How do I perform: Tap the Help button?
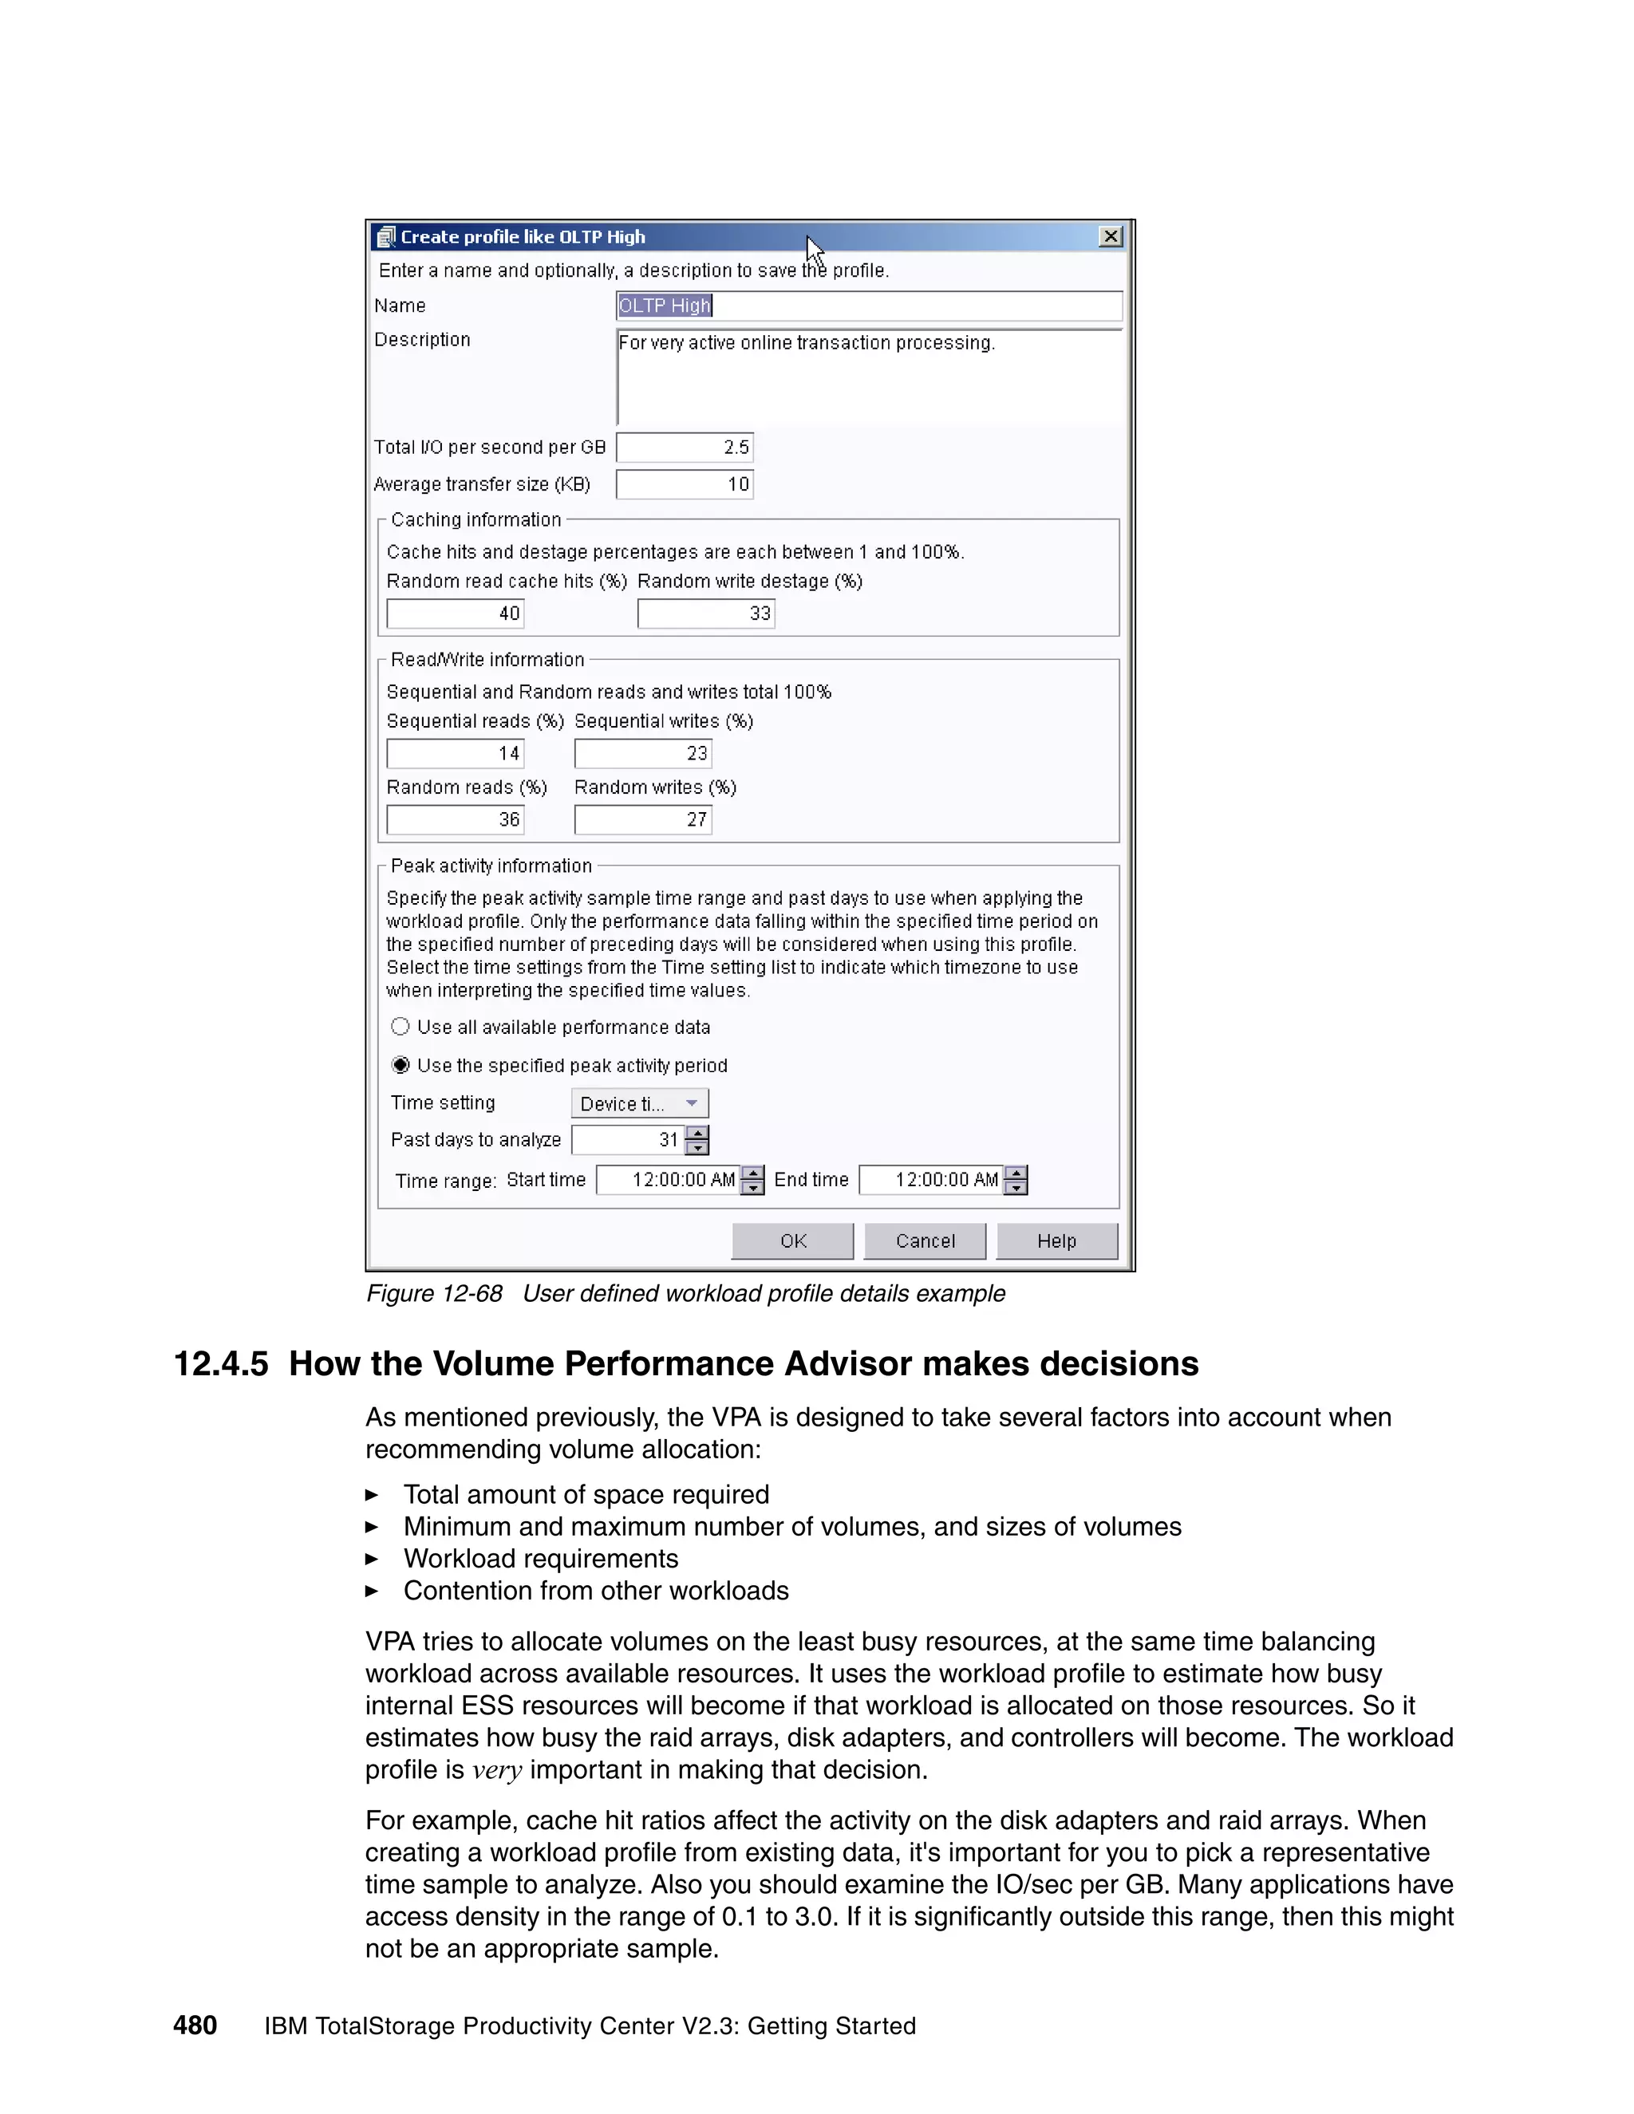pyautogui.click(x=1056, y=1241)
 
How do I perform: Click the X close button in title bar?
pyautogui.click(x=1111, y=236)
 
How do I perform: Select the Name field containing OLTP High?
pyautogui.click(x=868, y=306)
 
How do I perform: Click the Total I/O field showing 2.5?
pyautogui.click(x=685, y=448)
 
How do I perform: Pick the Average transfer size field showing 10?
pyautogui.click(x=685, y=484)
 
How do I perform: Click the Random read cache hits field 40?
pyautogui.click(x=455, y=613)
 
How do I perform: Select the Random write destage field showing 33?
pyautogui.click(x=705, y=613)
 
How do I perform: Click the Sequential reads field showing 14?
pyautogui.click(x=455, y=753)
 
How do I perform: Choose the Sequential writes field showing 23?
pyautogui.click(x=643, y=753)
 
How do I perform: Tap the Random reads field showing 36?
pyautogui.click(x=455, y=820)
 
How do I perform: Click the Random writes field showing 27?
pyautogui.click(x=643, y=820)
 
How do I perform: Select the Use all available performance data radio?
pyautogui.click(x=401, y=1027)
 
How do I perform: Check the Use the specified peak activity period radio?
pyautogui.click(x=401, y=1065)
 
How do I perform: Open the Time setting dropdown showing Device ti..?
pyautogui.click(x=640, y=1103)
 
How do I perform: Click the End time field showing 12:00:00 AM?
pyautogui.click(x=931, y=1180)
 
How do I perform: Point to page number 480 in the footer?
pyautogui.click(x=195, y=2026)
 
